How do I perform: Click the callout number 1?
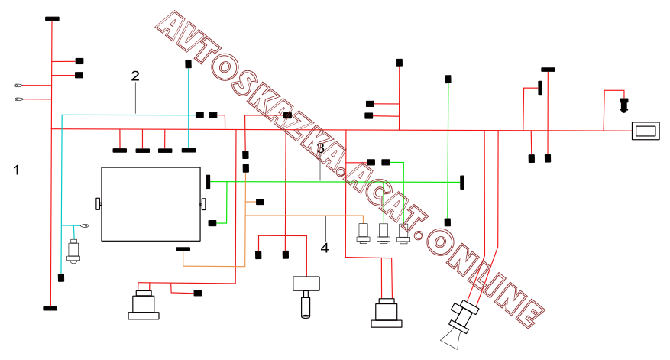click(x=16, y=170)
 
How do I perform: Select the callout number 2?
click(x=135, y=76)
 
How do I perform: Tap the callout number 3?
click(x=320, y=148)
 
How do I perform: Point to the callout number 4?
click(x=325, y=248)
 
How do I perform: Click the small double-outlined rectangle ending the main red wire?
click(x=646, y=131)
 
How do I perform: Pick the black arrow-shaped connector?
click(x=624, y=105)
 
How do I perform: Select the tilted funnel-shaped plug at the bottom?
click(x=459, y=325)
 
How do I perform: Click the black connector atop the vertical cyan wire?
click(x=188, y=64)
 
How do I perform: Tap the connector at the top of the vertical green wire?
click(x=448, y=79)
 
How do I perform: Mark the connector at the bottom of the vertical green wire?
click(x=448, y=222)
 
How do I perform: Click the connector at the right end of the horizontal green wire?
click(x=462, y=182)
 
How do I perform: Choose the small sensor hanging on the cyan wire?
click(x=73, y=251)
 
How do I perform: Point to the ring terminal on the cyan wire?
click(x=85, y=225)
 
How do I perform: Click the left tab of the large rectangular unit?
click(x=99, y=204)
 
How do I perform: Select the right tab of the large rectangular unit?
click(x=203, y=204)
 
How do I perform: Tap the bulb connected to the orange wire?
click(x=363, y=233)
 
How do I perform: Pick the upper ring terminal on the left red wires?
click(x=18, y=86)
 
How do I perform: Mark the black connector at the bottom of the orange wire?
click(x=183, y=249)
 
